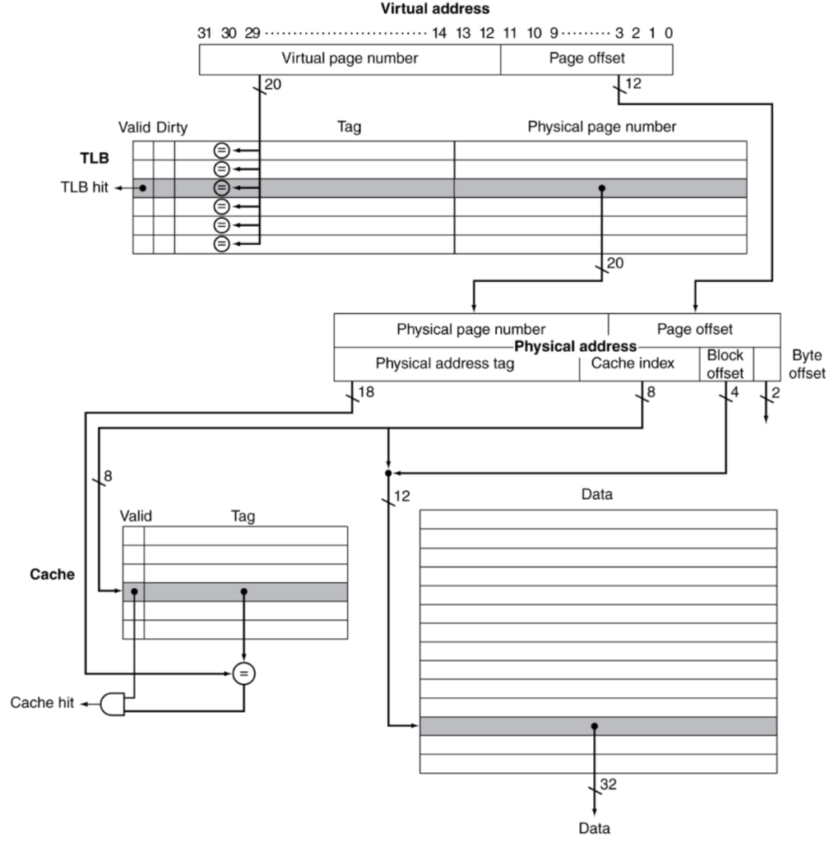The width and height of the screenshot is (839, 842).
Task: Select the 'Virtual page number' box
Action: tap(350, 58)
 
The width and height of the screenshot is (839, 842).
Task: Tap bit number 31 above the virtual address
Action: tap(206, 33)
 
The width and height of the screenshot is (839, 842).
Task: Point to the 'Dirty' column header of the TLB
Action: tap(171, 127)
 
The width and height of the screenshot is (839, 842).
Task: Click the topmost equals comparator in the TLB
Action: tap(220, 150)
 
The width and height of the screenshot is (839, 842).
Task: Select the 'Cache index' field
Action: tap(633, 363)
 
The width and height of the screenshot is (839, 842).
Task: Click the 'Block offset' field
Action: tap(725, 363)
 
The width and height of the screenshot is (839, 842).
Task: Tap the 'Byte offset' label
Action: tap(808, 363)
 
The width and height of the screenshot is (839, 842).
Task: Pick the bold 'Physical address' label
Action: tap(576, 346)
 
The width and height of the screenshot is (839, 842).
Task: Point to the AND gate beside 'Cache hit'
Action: tap(112, 703)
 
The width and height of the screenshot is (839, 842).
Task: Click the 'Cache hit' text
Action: tap(42, 703)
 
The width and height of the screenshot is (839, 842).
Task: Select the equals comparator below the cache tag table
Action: tap(243, 673)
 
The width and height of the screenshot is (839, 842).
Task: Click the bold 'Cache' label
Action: tap(52, 574)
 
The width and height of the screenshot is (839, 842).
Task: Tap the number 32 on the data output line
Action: tap(608, 785)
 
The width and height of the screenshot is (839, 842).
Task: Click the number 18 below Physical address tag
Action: tap(366, 393)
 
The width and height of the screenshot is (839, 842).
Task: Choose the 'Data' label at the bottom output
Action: tap(594, 828)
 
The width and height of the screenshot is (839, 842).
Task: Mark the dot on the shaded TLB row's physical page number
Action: tap(602, 188)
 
